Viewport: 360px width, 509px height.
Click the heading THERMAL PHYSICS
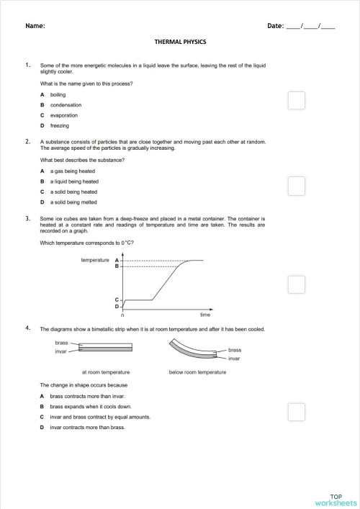coord(180,42)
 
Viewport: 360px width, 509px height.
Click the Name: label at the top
coord(35,26)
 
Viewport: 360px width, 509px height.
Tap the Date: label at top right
coord(276,26)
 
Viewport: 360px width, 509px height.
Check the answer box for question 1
coord(296,100)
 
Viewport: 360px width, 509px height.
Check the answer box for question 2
coord(296,186)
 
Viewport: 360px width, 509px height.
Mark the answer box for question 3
coord(296,284)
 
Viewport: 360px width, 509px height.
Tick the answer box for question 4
coord(296,412)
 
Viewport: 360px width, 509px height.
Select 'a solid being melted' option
coord(73,202)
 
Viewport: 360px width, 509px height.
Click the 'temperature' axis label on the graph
coord(94,259)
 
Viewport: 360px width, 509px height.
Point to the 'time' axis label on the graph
coord(205,315)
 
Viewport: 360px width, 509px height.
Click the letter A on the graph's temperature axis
coord(117,260)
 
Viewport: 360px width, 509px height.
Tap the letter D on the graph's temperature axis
coord(117,306)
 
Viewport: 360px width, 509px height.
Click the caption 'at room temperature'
coord(106,372)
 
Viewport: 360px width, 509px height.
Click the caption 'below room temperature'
coord(197,372)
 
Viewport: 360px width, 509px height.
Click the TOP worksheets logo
coord(336,499)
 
